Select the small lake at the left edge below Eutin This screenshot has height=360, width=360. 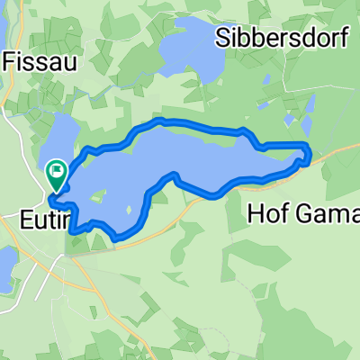pos(5,269)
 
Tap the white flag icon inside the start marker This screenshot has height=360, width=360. pos(58,167)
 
